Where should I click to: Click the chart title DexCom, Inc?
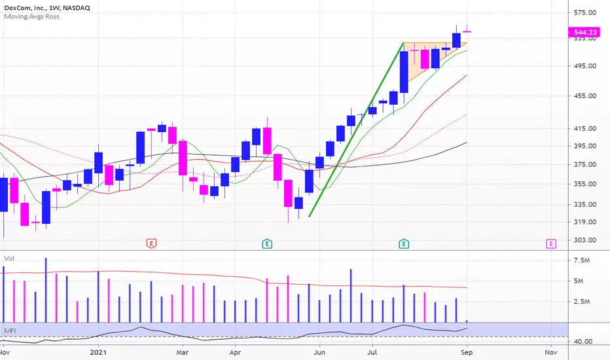[x=24, y=8]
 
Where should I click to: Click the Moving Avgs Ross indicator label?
[x=32, y=16]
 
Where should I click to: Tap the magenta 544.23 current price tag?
[x=584, y=32]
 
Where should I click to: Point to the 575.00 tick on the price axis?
[x=585, y=12]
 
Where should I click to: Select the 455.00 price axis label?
[x=585, y=96]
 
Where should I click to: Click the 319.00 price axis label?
[x=585, y=222]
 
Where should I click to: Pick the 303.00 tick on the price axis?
[x=585, y=240]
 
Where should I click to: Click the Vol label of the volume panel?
[x=9, y=259]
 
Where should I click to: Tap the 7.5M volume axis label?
[x=582, y=261]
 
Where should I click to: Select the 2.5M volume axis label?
[x=582, y=302]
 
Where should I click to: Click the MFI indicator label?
[x=10, y=331]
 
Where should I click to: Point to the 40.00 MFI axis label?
[x=583, y=342]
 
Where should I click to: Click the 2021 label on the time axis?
[x=98, y=352]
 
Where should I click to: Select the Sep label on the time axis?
[x=467, y=352]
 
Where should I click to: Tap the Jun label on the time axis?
[x=319, y=352]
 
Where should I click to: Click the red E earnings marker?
[x=151, y=243]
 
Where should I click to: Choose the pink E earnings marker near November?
[x=551, y=243]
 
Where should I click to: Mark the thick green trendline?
[x=356, y=130]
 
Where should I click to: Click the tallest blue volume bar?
[x=46, y=290]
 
